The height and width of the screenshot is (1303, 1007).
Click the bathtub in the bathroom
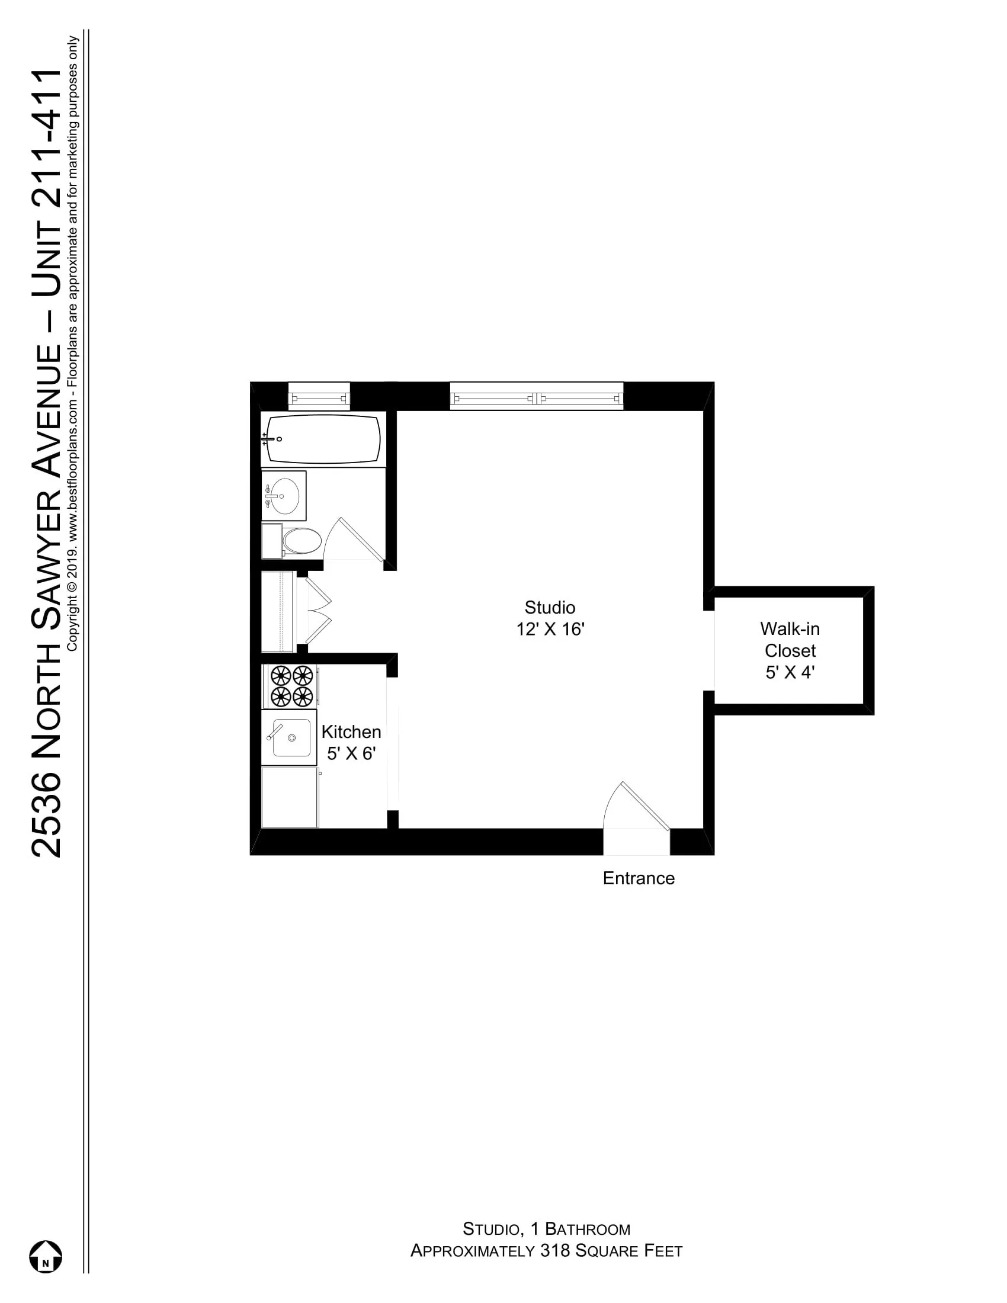[x=323, y=439]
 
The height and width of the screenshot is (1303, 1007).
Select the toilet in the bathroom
[x=302, y=541]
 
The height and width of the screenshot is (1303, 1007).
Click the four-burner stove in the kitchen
[x=291, y=686]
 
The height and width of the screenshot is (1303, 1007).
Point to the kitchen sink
[x=290, y=738]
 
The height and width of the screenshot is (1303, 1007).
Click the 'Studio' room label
[x=550, y=607]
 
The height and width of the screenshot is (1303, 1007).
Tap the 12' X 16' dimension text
[x=550, y=630]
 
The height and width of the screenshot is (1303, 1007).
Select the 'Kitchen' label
[x=351, y=732]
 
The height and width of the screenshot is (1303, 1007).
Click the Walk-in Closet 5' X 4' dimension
[x=790, y=672]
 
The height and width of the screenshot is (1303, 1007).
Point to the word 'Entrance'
[x=639, y=878]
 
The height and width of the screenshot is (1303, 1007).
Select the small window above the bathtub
[x=319, y=397]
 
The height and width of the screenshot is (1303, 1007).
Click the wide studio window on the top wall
[x=536, y=397]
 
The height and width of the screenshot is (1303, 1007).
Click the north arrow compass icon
[x=46, y=1256]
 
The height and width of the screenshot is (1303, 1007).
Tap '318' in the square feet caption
[x=555, y=1250]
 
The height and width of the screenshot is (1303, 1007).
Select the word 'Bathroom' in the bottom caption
[x=588, y=1229]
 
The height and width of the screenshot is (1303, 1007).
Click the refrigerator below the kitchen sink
[x=290, y=798]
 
